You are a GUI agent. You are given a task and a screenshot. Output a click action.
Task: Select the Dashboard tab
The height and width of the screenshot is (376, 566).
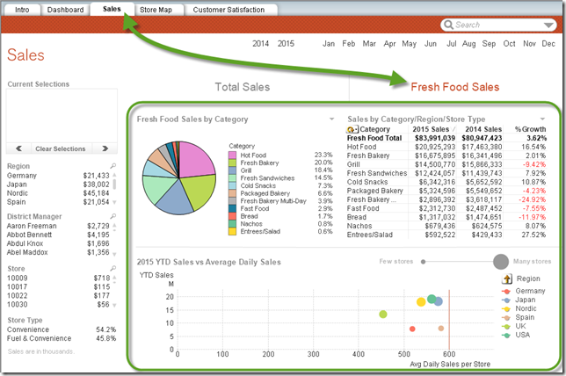tap(66, 10)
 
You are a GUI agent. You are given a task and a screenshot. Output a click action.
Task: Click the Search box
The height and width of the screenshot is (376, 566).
tap(501, 25)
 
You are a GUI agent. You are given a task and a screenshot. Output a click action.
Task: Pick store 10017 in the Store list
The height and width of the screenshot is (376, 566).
tap(18, 286)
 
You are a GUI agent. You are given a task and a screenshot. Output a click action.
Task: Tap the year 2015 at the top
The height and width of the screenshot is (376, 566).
tap(286, 43)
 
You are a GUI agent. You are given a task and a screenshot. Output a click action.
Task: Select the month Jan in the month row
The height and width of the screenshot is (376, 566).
tap(329, 43)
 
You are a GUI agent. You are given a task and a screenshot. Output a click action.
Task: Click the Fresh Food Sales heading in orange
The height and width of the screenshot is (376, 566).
tap(454, 87)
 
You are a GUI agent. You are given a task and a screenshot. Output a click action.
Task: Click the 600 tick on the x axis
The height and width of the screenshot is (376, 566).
tap(450, 355)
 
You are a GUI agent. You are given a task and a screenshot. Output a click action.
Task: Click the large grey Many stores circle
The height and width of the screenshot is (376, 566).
tap(501, 261)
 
